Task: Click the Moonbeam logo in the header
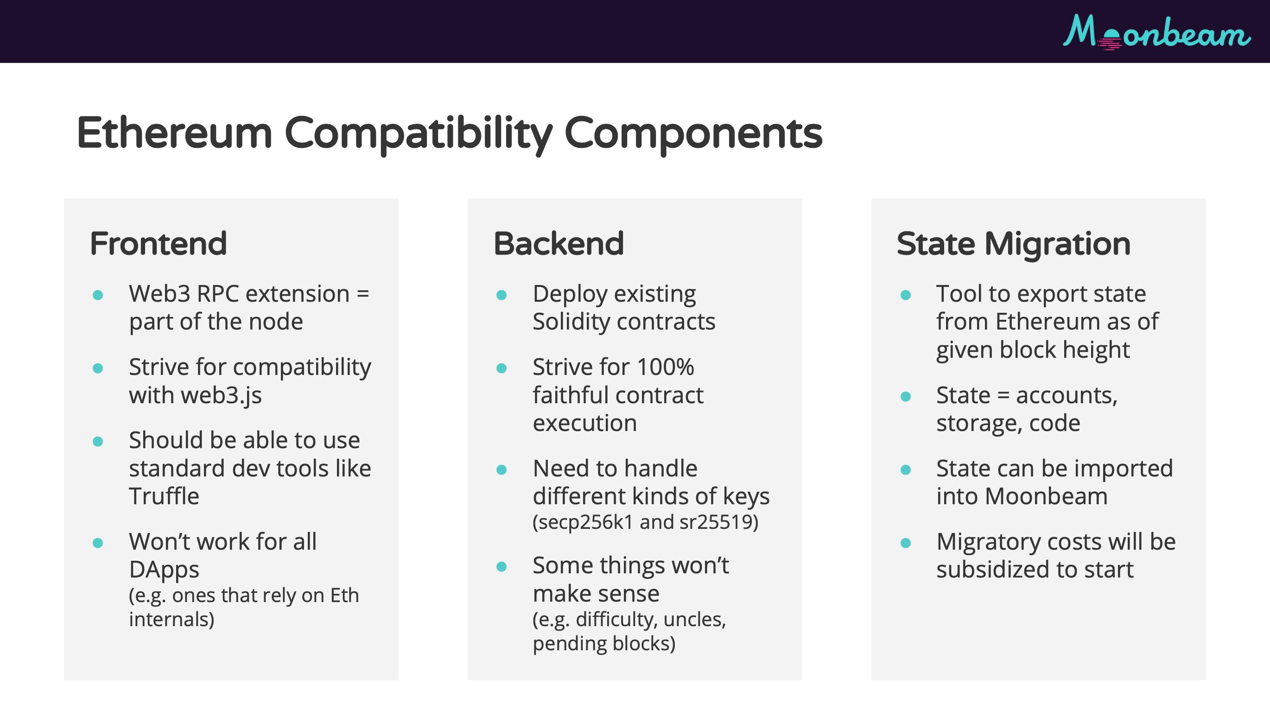[1156, 32]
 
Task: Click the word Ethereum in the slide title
[174, 133]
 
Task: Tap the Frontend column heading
[158, 244]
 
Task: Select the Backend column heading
[559, 244]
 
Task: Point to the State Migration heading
[1014, 245]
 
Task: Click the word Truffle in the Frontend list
[164, 496]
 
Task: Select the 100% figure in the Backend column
[666, 367]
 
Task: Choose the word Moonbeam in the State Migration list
[1046, 496]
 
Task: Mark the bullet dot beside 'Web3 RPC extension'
[98, 295]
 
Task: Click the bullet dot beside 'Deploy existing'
[502, 295]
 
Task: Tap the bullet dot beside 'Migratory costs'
[905, 543]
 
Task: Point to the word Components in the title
[693, 133]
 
